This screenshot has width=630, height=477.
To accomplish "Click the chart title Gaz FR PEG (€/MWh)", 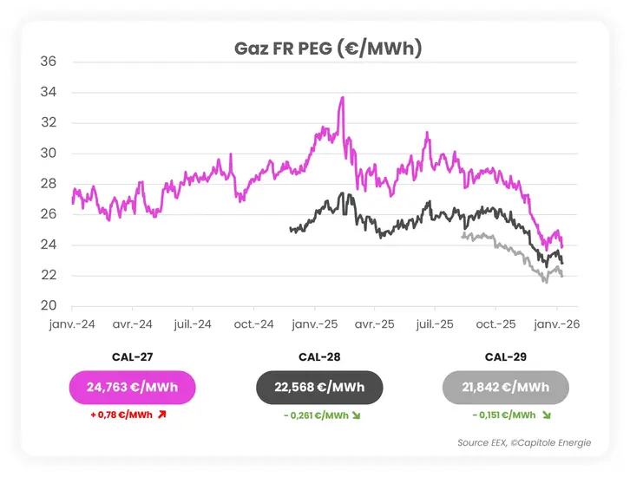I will (328, 49).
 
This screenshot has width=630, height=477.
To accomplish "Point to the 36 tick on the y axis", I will (49, 62).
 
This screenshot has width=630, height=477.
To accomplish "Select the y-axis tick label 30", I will (49, 154).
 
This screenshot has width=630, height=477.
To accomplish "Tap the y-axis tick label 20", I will (49, 306).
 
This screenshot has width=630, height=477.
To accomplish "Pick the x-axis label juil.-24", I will (193, 323).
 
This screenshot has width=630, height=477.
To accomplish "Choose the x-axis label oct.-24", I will (254, 323).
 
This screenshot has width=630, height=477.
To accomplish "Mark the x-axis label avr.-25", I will (375, 323).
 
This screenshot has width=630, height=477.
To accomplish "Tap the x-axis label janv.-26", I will (556, 323).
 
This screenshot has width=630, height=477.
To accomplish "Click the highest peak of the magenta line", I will (343, 98).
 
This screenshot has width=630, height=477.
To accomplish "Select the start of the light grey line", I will (463, 235).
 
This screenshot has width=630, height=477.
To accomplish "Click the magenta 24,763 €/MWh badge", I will (132, 387).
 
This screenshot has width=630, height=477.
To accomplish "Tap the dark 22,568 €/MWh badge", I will (318, 387).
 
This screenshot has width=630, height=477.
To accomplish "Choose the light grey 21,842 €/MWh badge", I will (506, 387).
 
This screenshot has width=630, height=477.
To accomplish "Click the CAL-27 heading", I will (132, 356).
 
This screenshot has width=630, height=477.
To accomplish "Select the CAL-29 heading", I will (506, 356).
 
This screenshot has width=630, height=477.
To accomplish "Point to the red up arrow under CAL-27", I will (161, 415).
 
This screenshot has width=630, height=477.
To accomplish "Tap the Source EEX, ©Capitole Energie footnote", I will (524, 443).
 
